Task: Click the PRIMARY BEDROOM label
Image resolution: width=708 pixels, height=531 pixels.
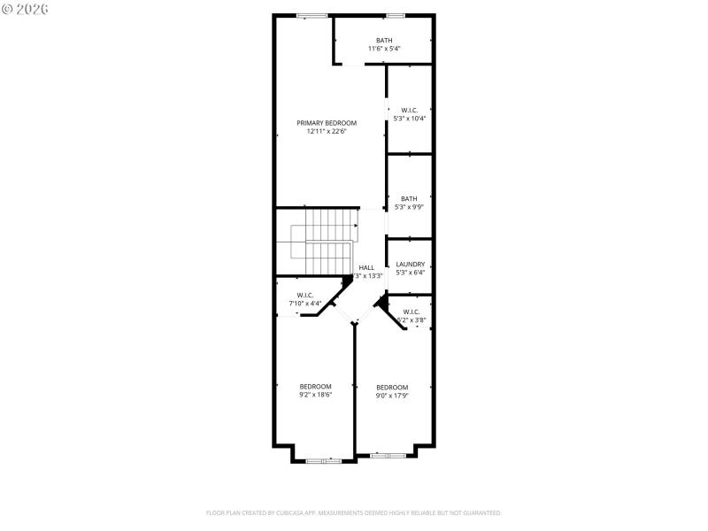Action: [327, 123]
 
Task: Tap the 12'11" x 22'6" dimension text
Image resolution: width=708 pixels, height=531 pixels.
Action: [327, 132]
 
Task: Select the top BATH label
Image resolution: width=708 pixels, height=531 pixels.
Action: [384, 40]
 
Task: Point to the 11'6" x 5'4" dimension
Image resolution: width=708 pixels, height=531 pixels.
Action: [384, 49]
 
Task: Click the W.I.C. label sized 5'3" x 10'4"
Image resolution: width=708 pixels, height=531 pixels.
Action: [409, 110]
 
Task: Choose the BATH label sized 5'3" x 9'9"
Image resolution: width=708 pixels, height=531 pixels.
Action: [409, 198]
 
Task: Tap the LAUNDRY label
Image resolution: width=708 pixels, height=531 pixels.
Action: [411, 264]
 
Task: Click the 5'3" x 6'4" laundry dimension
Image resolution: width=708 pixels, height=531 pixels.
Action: [411, 273]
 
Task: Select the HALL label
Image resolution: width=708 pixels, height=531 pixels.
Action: [366, 267]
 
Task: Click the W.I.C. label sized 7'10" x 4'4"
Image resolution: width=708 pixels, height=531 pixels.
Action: [305, 295]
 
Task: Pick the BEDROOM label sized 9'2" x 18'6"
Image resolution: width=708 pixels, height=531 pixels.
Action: [315, 386]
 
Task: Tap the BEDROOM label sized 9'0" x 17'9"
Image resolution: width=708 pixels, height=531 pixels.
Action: [392, 387]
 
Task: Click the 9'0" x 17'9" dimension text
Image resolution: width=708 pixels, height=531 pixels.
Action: [392, 396]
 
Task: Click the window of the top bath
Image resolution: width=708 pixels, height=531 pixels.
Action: [395, 15]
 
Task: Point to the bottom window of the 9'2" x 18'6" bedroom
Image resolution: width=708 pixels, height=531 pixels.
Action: [324, 461]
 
